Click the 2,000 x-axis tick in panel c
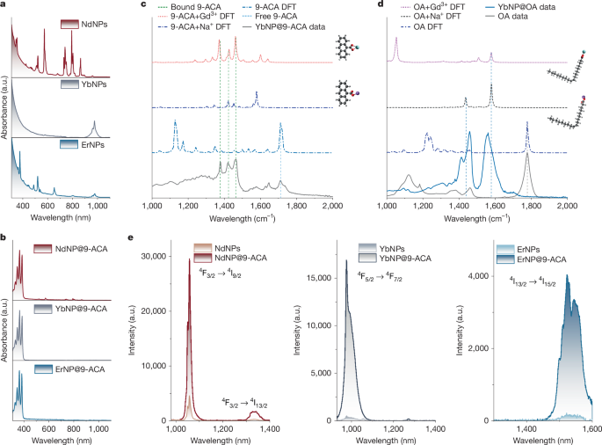point(331,203)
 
